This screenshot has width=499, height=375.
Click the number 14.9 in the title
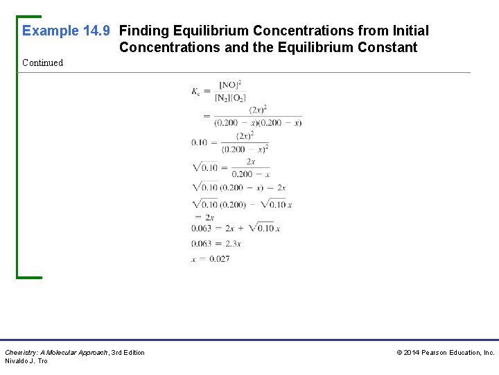click(x=98, y=31)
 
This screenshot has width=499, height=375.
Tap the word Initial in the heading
click(x=410, y=31)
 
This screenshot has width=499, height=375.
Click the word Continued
click(x=42, y=62)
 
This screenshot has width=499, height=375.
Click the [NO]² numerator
click(x=230, y=85)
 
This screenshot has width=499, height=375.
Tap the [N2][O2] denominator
click(x=230, y=97)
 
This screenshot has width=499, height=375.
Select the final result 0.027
click(x=219, y=259)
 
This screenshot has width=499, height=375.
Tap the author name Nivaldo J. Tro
click(x=26, y=361)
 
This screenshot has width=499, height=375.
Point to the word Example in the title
click(x=51, y=31)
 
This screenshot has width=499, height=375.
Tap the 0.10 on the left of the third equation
click(x=200, y=142)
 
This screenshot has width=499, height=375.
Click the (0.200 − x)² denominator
click(x=245, y=149)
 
